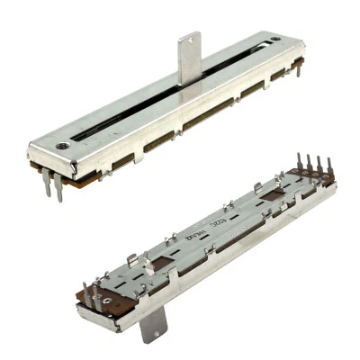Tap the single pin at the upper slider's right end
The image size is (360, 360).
299,71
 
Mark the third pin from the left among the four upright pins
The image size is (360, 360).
319,166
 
